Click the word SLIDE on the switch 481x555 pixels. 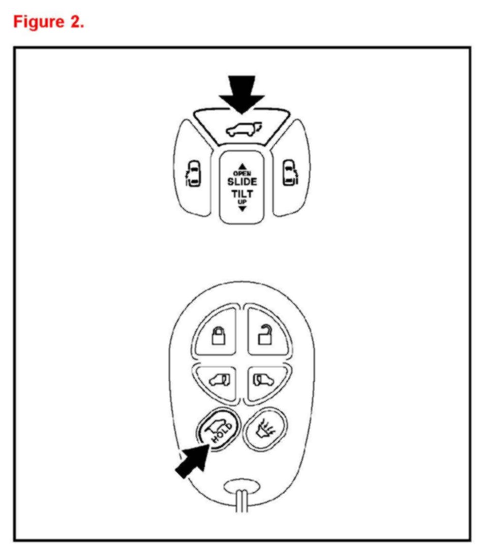coord(242,181)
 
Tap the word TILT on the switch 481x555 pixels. coord(242,194)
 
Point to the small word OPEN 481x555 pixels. coord(242,173)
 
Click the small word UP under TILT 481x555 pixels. coord(242,202)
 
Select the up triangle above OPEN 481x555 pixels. coord(242,166)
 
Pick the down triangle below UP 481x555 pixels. coord(242,208)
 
